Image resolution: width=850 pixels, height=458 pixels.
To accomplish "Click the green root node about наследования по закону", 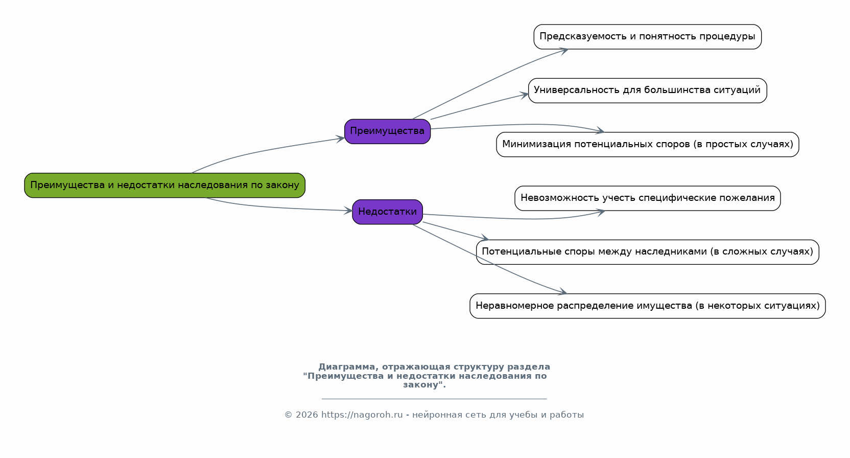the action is pos(164,186).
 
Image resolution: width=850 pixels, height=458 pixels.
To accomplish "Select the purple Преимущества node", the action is pos(387,131).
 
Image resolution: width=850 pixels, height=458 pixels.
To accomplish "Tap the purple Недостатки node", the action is pos(387,212).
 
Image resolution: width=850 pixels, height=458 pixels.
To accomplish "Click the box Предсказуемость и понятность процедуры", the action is pos(647,37).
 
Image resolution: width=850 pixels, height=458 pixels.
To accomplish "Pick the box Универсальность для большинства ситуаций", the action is pos(647,91).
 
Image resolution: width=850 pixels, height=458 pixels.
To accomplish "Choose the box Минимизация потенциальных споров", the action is pos(647,144).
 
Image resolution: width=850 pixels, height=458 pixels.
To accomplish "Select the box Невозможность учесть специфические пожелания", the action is pos(647,198).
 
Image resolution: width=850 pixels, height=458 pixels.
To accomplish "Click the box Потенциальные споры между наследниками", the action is pos(647,252).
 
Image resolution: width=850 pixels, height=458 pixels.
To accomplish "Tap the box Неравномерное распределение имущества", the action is pos(647,306).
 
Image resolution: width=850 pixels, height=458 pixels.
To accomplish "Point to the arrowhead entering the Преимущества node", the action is pos(340,139).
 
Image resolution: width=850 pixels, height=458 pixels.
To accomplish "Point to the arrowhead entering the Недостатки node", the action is pos(348,211).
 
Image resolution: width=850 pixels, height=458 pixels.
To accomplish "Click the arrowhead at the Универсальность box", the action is pos(524,95).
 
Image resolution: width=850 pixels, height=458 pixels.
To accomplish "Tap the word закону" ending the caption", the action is pos(424,385).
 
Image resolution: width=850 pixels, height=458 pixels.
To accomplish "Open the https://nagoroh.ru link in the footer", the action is pos(362,415).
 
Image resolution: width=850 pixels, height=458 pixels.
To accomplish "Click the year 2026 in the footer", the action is pos(306,415).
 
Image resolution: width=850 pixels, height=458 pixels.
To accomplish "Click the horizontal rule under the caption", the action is pos(434,399).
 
